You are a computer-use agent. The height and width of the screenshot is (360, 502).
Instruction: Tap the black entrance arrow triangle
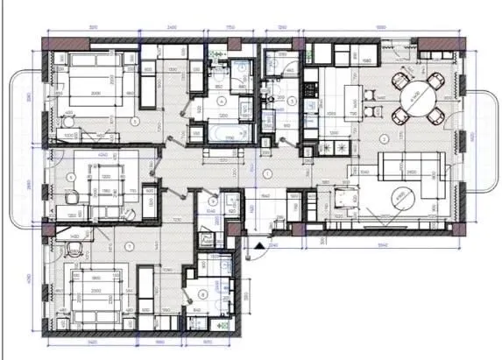pyautogui.click(x=259, y=247)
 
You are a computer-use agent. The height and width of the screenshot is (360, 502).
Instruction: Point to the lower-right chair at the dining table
pyautogui.click(x=435, y=116)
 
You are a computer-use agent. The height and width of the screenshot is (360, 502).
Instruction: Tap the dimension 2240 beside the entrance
pyautogui.click(x=272, y=247)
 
